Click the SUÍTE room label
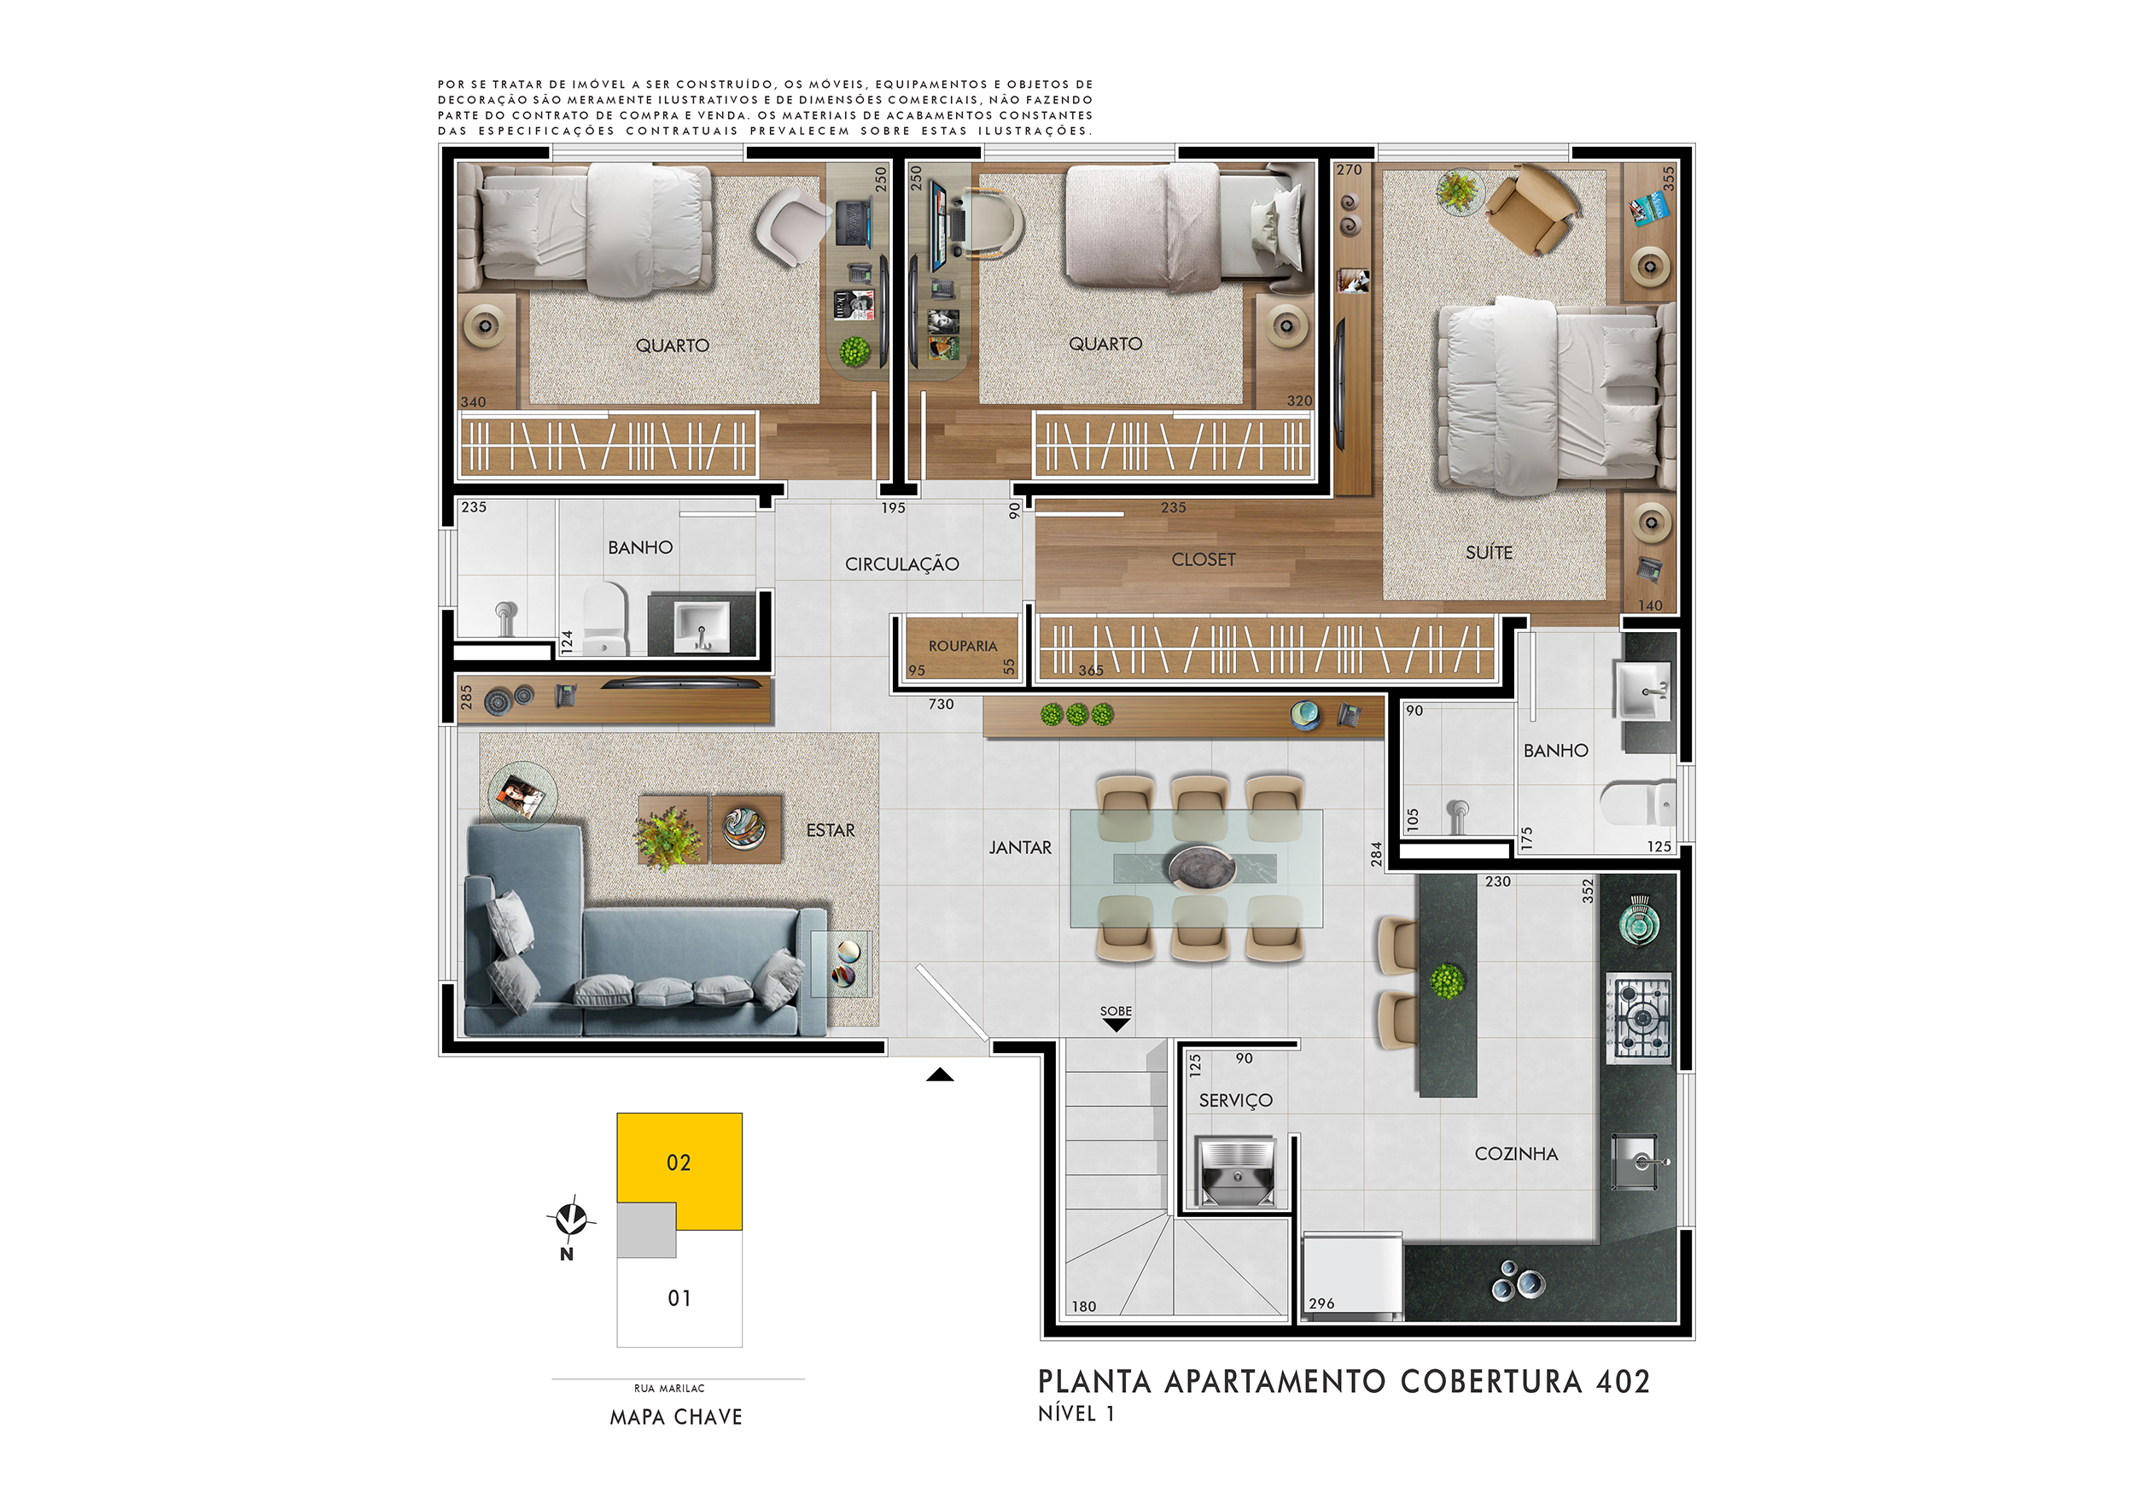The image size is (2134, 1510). [x=1489, y=553]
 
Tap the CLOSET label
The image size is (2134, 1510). [x=1204, y=559]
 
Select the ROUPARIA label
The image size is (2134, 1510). [x=962, y=647]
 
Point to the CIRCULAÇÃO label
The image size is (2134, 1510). [x=901, y=565]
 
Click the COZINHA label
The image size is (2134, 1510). [x=1516, y=1154]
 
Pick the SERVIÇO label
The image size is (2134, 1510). [x=1235, y=1101]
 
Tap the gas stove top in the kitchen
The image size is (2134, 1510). [x=1641, y=1018]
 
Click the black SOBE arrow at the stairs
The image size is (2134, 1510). [x=1116, y=1025]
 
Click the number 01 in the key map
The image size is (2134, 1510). [x=679, y=1298]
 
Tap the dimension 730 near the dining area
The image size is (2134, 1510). [x=941, y=705]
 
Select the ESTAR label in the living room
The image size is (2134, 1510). [x=830, y=830]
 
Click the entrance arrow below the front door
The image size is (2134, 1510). [x=940, y=1075]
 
